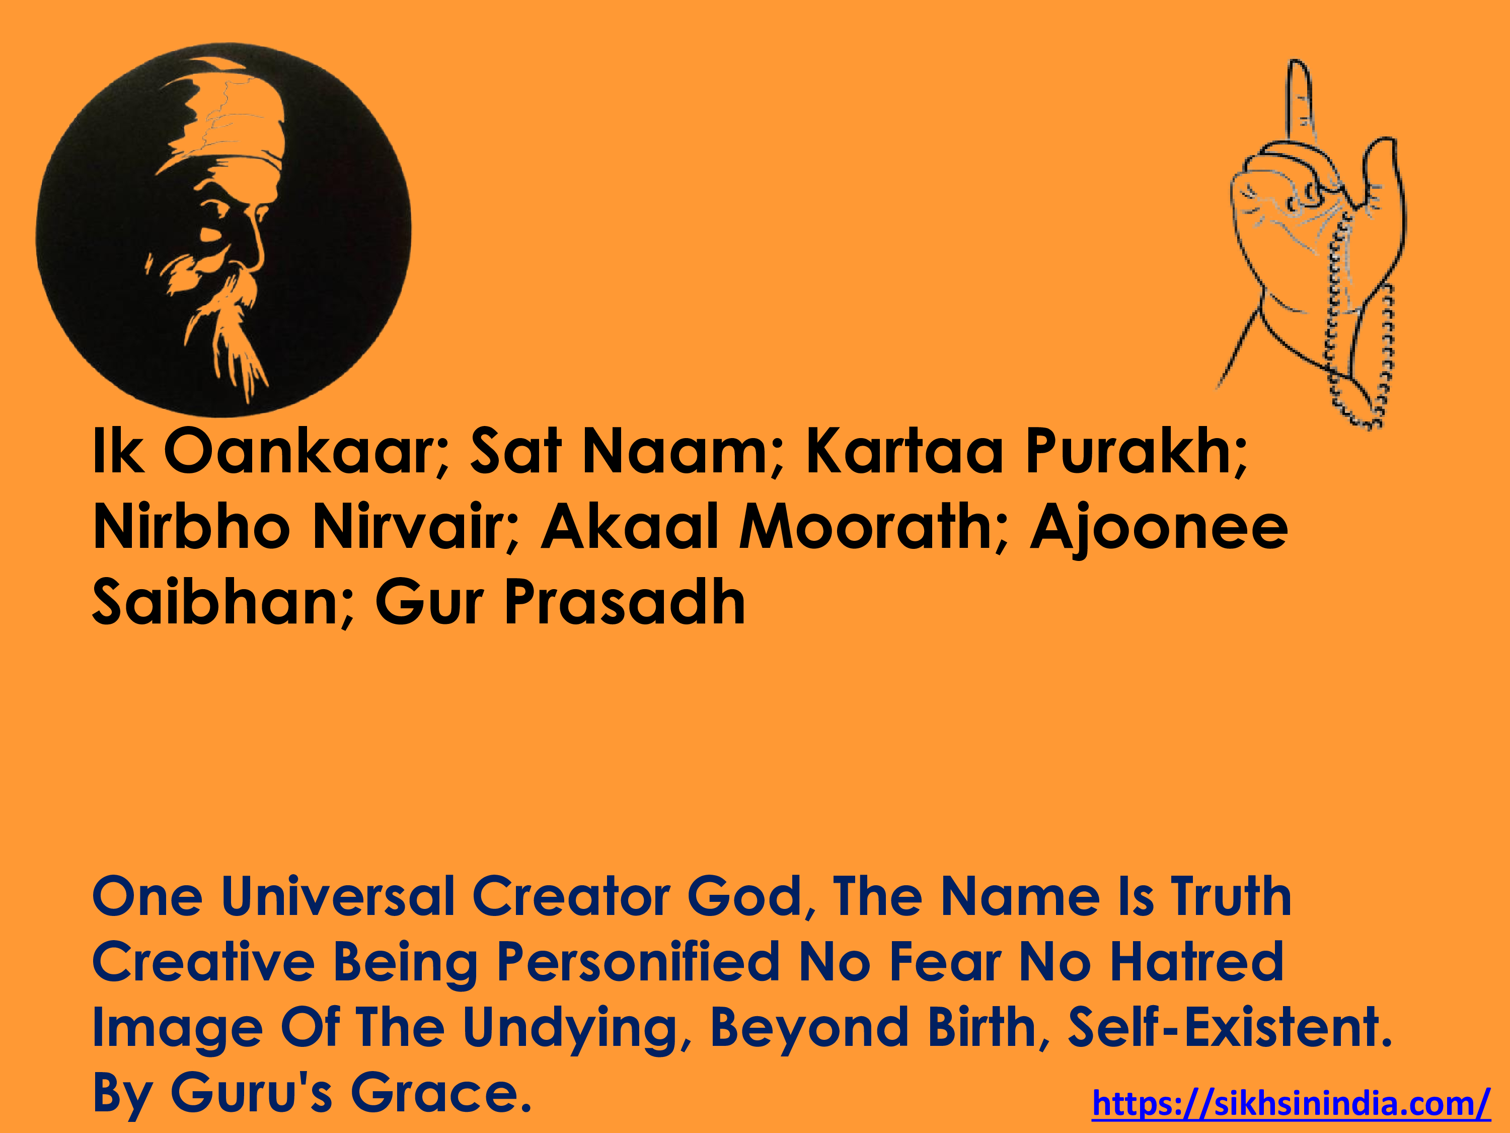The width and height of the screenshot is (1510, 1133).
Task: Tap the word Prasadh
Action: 625,602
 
